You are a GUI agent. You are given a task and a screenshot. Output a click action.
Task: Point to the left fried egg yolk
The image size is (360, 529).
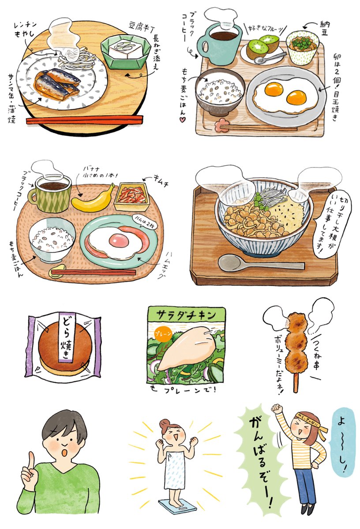(274, 90)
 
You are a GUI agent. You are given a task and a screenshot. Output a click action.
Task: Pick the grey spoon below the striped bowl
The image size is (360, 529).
(256, 264)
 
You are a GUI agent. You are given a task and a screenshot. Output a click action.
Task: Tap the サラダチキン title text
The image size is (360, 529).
(185, 315)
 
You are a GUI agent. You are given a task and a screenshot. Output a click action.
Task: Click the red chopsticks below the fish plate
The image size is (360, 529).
(84, 120)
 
